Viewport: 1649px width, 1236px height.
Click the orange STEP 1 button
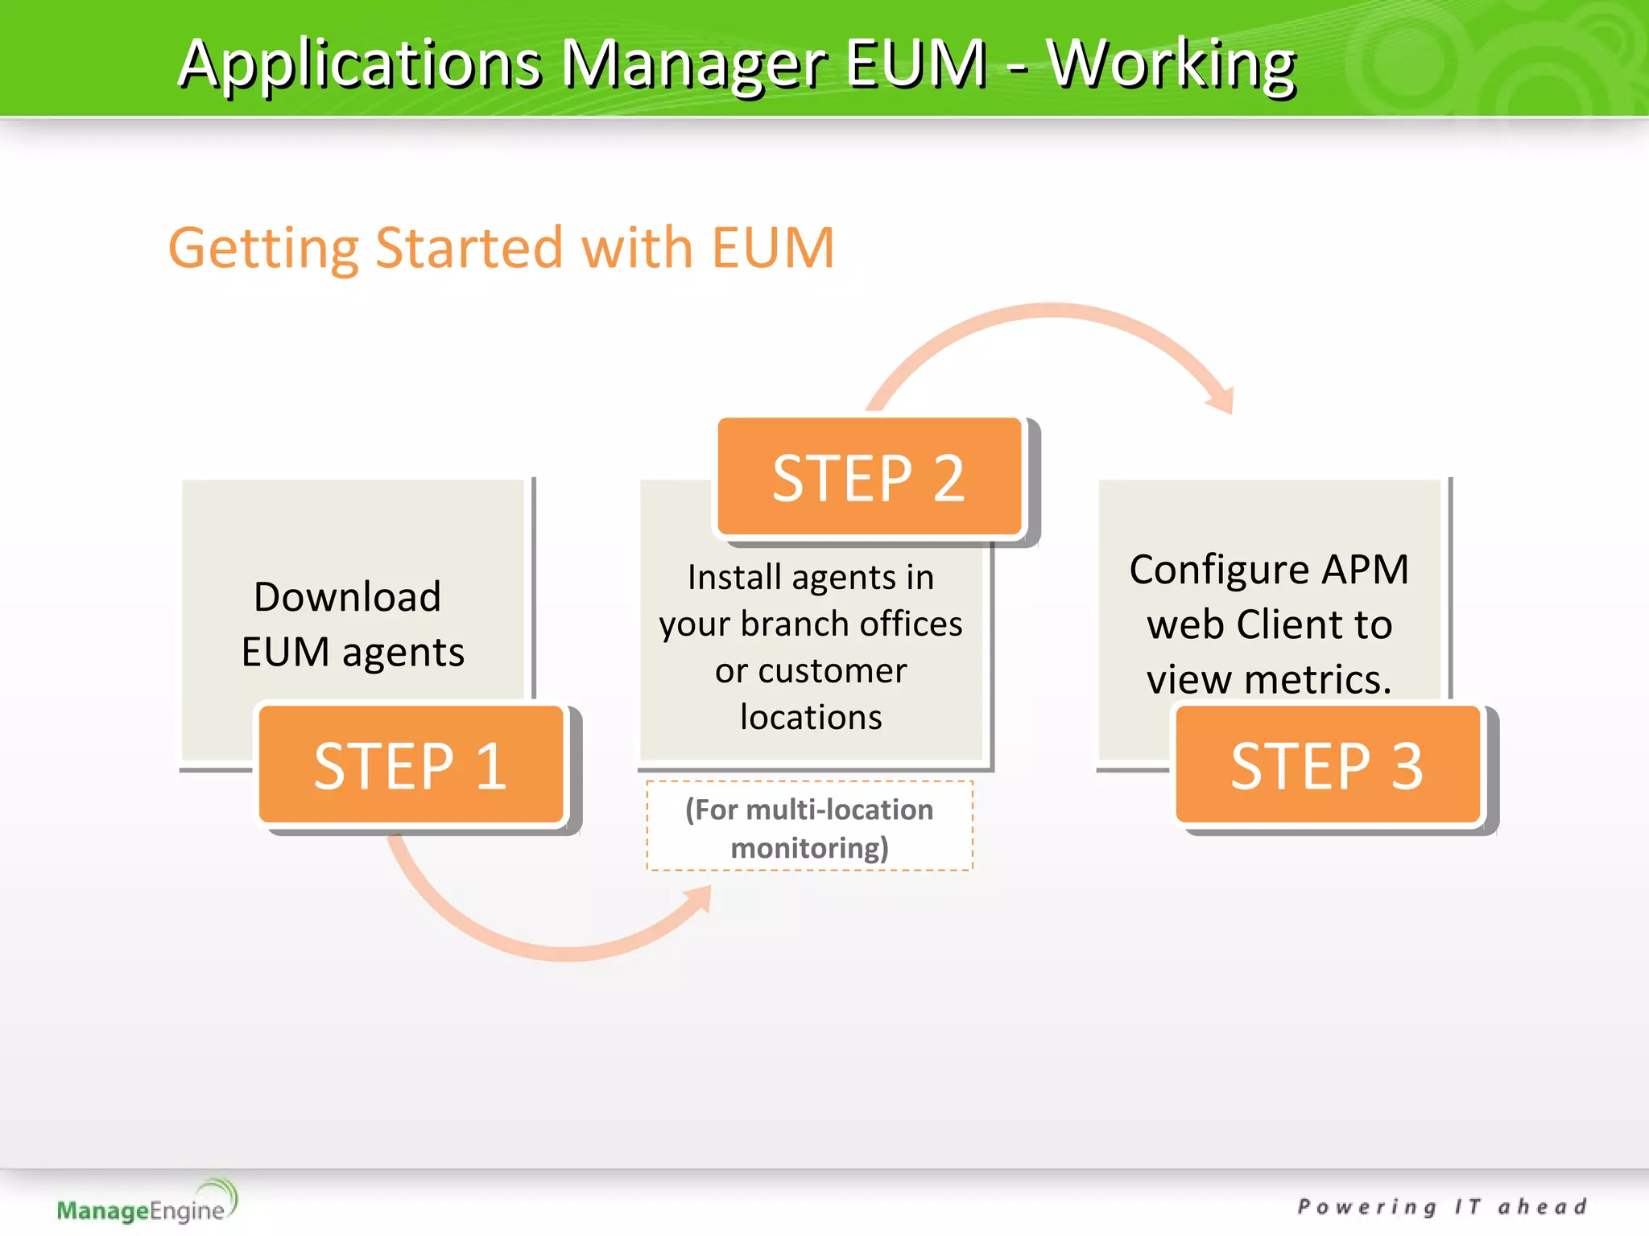(411, 765)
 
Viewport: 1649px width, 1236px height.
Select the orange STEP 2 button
(869, 477)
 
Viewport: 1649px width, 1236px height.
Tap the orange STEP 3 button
(1327, 765)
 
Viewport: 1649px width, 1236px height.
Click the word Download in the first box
(347, 597)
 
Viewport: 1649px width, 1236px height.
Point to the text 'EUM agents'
(353, 652)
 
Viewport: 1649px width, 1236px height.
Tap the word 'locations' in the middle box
(811, 717)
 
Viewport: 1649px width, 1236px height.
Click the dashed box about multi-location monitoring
(809, 826)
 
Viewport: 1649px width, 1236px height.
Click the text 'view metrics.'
(1269, 679)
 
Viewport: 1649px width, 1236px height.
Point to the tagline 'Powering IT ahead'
(1442, 1206)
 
